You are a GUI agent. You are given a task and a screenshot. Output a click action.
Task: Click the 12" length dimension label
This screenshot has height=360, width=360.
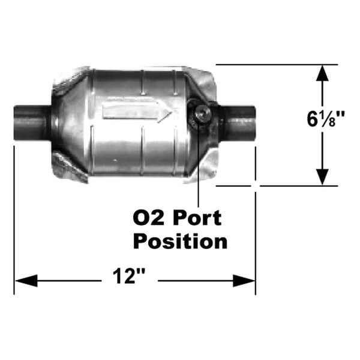(129, 276)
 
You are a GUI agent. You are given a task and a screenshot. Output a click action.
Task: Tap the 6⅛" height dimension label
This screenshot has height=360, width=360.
(326, 119)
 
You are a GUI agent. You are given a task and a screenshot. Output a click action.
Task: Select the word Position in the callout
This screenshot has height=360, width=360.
(180, 241)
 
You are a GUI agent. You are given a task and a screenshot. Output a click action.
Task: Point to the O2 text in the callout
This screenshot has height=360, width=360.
(149, 218)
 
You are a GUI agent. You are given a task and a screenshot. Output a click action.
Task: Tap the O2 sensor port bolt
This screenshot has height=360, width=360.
(202, 114)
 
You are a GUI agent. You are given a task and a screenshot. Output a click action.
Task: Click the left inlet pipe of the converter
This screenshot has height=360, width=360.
(32, 122)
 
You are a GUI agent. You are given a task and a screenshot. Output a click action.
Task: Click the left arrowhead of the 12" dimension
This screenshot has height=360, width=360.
(26, 280)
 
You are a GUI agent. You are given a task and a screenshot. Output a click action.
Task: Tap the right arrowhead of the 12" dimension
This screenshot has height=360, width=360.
(244, 280)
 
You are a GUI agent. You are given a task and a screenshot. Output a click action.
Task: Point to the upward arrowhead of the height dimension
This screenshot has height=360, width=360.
(322, 73)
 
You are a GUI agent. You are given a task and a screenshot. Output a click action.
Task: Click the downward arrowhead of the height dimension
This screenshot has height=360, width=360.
(322, 177)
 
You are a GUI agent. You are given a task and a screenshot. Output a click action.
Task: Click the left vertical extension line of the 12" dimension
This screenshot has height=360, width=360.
(14, 220)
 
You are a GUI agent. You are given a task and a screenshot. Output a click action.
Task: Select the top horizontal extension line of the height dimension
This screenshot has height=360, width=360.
(277, 65)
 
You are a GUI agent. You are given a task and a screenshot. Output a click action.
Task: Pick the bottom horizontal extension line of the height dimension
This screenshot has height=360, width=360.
(277, 186)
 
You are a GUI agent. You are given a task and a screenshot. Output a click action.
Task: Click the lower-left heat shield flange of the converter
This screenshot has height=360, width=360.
(69, 166)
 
